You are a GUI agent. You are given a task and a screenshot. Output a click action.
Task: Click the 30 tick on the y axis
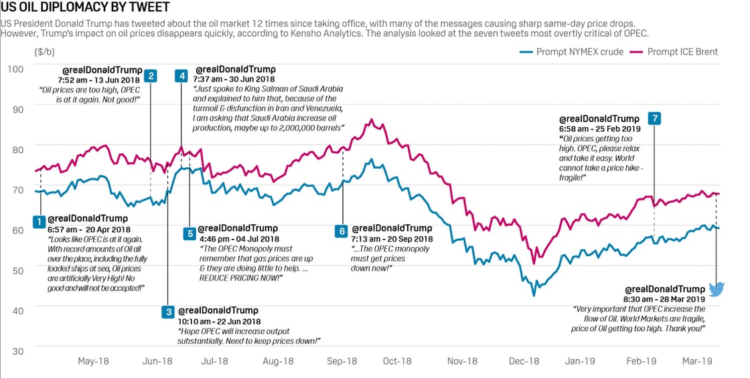tap(17, 351)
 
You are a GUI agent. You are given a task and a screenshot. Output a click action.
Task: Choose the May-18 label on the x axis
tap(93, 361)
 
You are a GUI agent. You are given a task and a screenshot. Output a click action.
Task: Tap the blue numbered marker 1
tap(40, 220)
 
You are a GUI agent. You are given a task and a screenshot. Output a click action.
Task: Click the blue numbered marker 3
tap(168, 312)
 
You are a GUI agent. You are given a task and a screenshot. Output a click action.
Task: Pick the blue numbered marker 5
tap(190, 233)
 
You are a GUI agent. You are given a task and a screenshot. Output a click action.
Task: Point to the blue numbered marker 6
tap(342, 230)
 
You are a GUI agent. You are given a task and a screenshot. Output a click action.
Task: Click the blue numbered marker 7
tap(654, 118)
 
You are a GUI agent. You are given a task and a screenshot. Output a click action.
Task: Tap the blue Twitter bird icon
tap(717, 289)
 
